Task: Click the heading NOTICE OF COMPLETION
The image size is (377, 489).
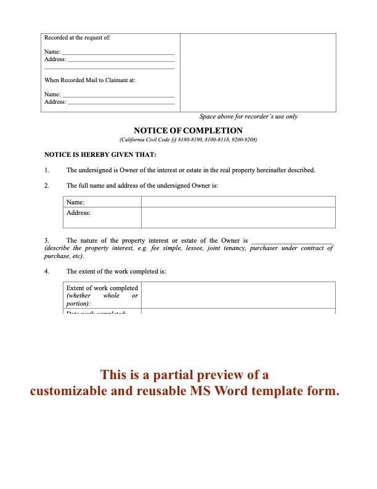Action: point(188,131)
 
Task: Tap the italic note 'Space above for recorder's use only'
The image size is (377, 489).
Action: point(248,117)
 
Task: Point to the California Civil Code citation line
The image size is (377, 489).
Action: point(188,140)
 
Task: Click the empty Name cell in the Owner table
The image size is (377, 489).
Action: point(238,202)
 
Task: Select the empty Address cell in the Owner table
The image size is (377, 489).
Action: point(238,217)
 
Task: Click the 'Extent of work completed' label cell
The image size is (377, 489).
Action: point(102,295)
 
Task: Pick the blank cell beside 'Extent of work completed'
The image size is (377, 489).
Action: point(238,295)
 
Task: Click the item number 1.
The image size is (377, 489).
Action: point(47,170)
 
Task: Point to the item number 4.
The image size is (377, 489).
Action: point(47,271)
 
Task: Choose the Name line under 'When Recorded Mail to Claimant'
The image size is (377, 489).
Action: point(119,94)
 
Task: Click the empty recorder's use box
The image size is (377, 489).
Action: point(258,72)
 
